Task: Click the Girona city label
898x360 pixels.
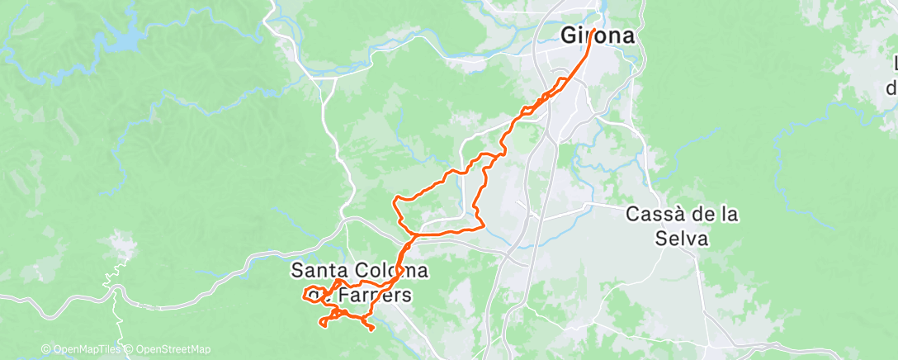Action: click(x=598, y=36)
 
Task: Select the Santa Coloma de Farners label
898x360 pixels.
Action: click(x=361, y=282)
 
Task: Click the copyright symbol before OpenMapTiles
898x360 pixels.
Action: click(x=45, y=349)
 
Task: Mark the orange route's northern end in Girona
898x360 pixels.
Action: click(x=593, y=31)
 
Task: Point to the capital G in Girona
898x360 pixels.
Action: click(x=569, y=36)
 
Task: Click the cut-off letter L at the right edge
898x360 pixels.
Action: click(x=895, y=64)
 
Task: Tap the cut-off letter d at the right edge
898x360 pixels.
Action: click(x=892, y=86)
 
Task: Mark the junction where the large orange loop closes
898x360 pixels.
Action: click(x=413, y=234)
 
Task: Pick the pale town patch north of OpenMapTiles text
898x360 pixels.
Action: click(x=121, y=247)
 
